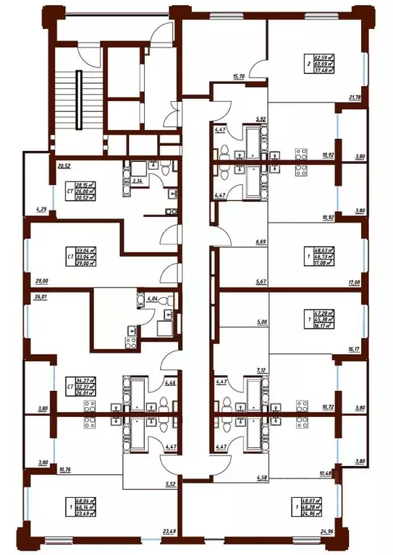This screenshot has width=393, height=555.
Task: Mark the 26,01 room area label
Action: [x=41, y=296]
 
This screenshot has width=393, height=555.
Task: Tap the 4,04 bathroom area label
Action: [x=151, y=298]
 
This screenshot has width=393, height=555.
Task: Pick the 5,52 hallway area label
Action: [x=170, y=483]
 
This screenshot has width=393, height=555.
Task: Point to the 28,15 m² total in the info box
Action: [x=86, y=184]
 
